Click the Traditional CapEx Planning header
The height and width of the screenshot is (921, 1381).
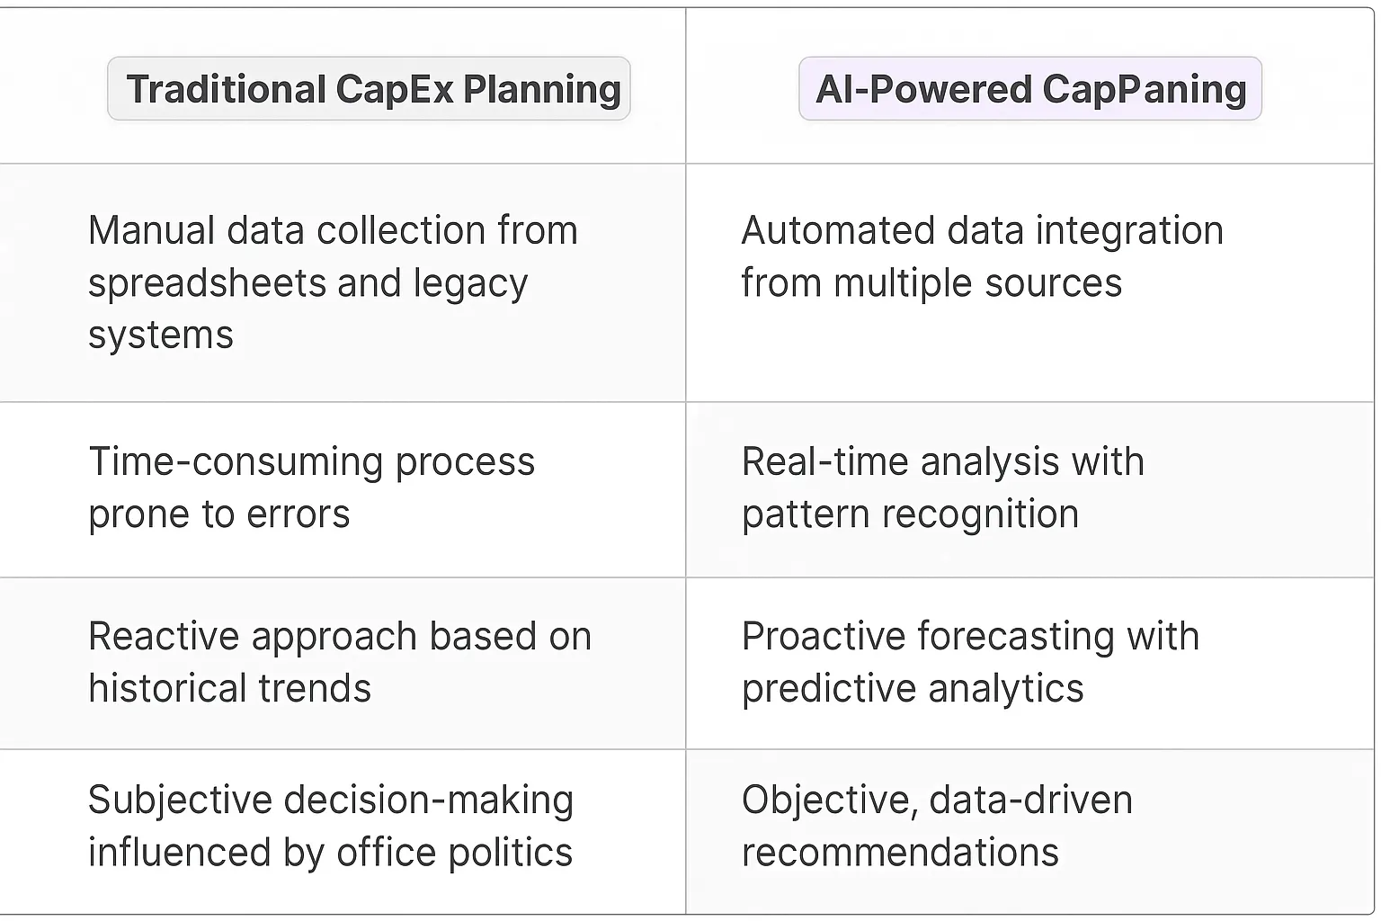(369, 89)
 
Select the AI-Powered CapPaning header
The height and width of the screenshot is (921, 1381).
(1030, 89)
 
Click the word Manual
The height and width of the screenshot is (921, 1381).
(150, 231)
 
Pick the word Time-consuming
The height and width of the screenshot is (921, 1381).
(236, 462)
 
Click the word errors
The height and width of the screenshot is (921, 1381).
(298, 514)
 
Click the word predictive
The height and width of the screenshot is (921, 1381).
(828, 689)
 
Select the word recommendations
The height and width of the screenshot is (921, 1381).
(900, 853)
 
